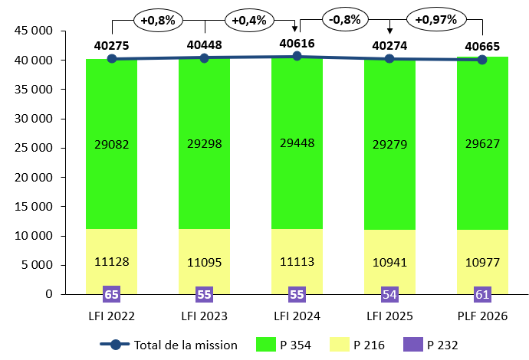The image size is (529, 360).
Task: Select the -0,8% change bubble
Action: tap(343, 18)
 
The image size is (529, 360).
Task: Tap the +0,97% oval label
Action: tap(435, 18)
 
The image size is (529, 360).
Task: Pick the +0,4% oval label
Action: tap(251, 18)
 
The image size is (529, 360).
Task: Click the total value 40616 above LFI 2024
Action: tap(297, 44)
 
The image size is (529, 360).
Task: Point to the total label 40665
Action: tap(481, 45)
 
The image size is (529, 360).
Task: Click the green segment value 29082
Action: tap(112, 146)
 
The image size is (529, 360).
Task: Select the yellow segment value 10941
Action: tap(389, 261)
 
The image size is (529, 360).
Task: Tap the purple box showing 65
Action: tap(112, 294)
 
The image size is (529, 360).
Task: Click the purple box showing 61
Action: tap(481, 294)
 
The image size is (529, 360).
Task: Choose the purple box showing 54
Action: tap(389, 294)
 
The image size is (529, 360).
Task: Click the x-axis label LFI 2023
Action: tap(204, 316)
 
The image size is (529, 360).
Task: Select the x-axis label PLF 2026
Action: tap(481, 316)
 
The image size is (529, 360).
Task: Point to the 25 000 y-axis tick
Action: tap(35, 149)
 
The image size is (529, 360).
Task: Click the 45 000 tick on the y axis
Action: tap(35, 31)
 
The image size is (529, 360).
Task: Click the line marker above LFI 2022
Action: tap(112, 59)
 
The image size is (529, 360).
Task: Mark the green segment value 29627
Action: tap(481, 146)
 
